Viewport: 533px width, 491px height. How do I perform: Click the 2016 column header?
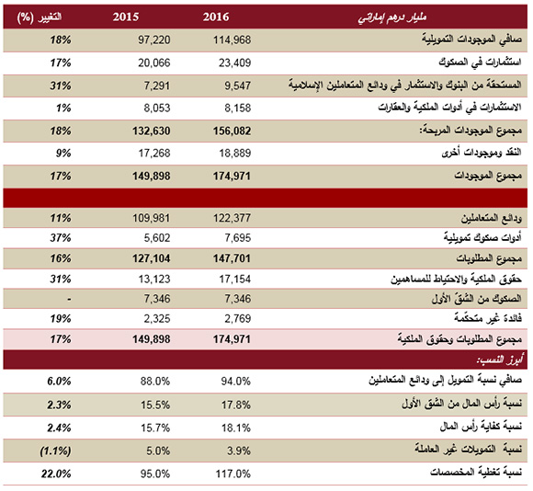216,17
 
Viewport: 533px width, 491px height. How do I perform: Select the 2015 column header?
126,17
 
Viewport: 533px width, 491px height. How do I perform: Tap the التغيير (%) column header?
40,17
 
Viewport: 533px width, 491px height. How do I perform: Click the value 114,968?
232,40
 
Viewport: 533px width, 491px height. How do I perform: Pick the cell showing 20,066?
154,63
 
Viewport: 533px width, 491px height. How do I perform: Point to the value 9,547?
238,86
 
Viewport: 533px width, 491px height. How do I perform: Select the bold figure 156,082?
232,131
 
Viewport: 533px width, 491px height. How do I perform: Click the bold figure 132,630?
152,131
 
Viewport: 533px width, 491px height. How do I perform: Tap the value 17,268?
154,154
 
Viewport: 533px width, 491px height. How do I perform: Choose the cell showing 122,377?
232,218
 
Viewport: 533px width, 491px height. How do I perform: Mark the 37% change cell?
61,238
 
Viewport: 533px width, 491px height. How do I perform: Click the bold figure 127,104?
152,258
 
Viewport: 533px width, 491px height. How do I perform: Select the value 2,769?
238,319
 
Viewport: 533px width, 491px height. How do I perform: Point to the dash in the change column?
69,299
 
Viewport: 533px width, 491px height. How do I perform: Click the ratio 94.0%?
236,382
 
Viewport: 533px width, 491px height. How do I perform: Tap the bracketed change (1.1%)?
56,451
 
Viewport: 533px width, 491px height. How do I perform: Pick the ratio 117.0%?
233,474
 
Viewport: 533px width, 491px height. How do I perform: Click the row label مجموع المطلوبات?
489,258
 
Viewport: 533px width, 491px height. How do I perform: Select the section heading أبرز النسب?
500,360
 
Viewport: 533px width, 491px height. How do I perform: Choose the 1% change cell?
63,108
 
